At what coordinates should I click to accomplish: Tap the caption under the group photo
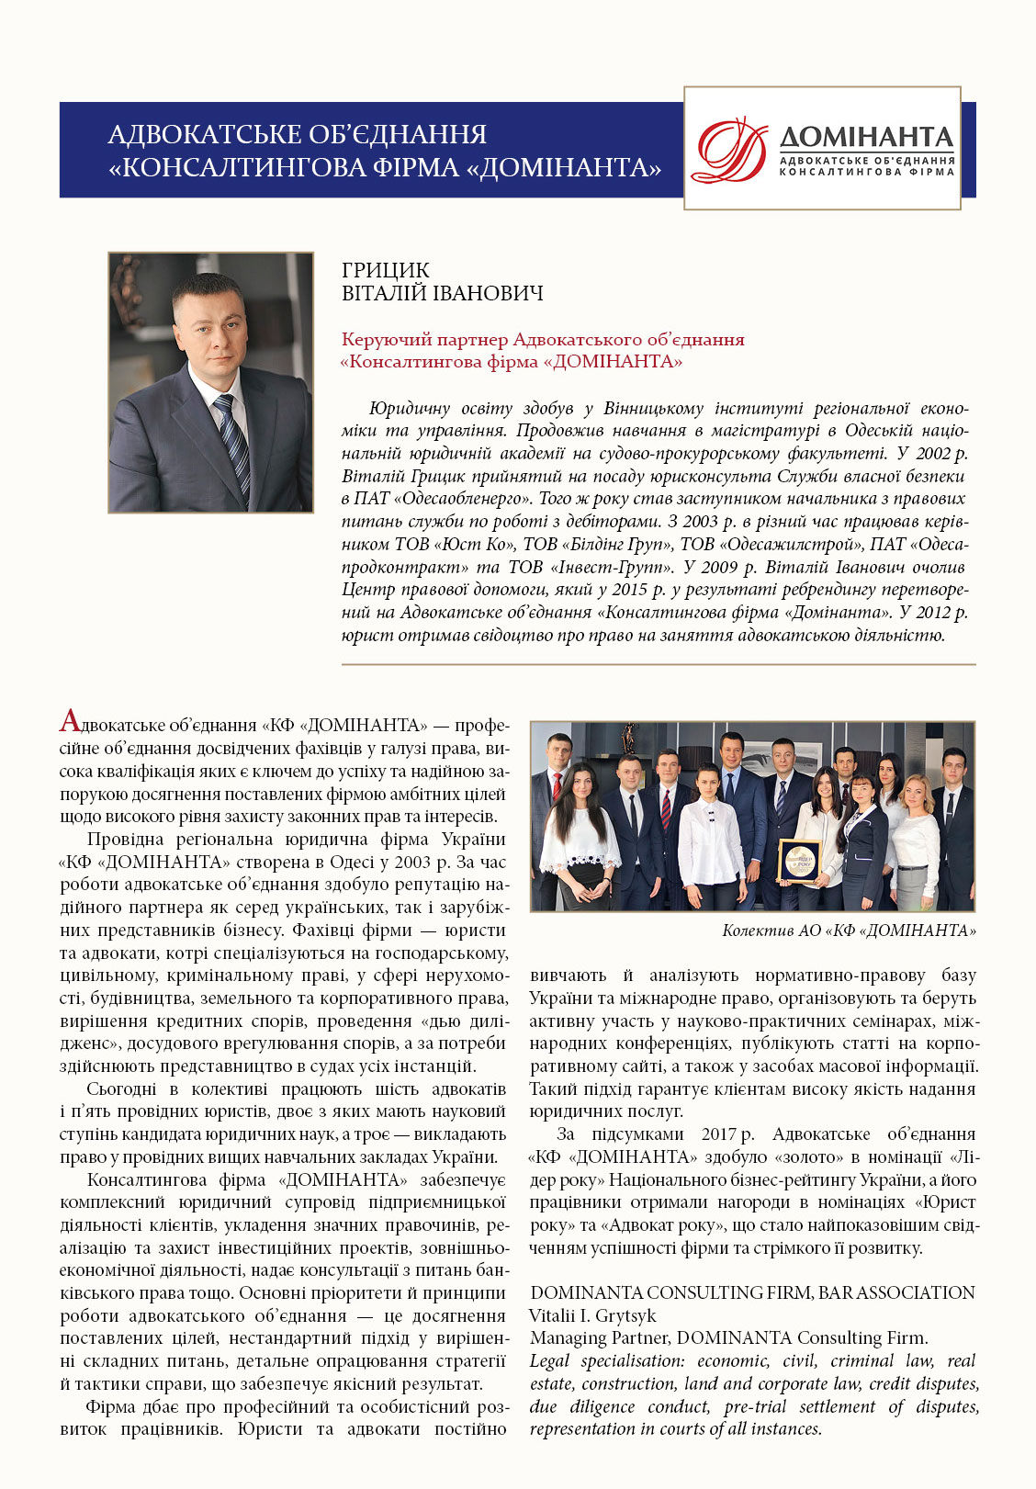click(849, 931)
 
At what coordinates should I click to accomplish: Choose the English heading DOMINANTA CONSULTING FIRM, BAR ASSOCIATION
click(752, 1292)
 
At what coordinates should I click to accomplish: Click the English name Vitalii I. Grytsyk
click(592, 1315)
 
